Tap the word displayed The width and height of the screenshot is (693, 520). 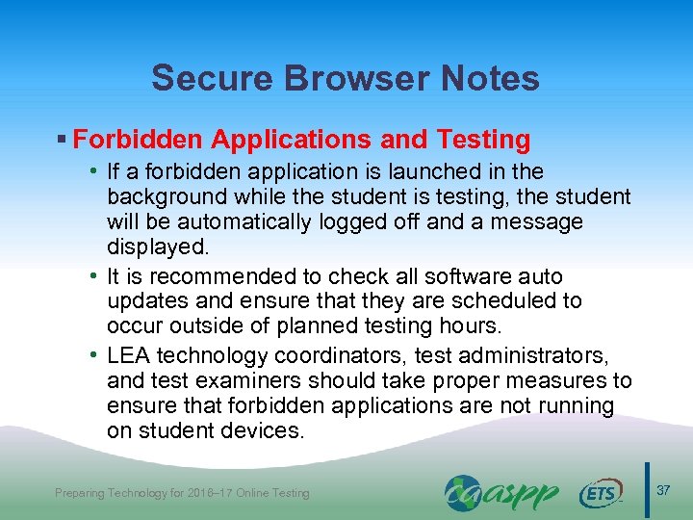click(157, 247)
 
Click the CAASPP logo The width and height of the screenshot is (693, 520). click(501, 493)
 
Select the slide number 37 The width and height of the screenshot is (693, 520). click(663, 492)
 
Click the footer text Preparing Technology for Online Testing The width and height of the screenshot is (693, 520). click(182, 493)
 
